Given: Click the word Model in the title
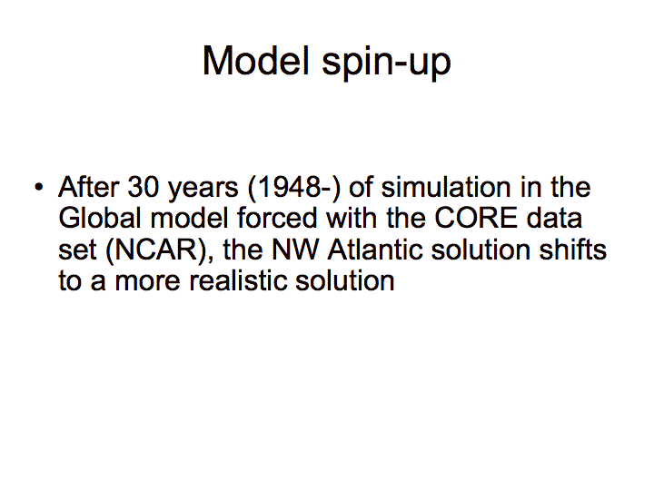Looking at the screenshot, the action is click(256, 61).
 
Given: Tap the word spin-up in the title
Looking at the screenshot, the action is click(386, 63).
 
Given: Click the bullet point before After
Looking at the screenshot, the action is click(39, 187).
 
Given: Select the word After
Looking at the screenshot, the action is click(89, 187).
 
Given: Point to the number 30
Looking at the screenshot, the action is click(144, 187).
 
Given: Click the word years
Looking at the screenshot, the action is click(203, 189).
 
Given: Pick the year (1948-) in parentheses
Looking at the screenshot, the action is click(294, 188).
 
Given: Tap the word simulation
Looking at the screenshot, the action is click(446, 187).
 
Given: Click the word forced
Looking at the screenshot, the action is click(277, 218).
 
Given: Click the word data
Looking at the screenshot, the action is click(554, 218).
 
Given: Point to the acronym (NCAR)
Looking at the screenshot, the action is click(160, 250).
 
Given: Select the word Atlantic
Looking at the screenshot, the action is click(375, 250).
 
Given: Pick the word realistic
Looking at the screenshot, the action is click(238, 280).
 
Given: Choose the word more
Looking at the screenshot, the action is click(148, 282).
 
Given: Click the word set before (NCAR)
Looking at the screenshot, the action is click(77, 250).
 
